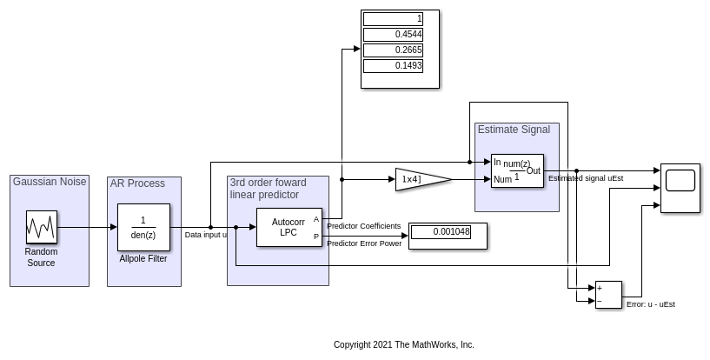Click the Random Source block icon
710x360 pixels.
(x=41, y=227)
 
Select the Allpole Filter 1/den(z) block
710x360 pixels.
(x=143, y=227)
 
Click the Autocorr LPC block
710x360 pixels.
(x=289, y=227)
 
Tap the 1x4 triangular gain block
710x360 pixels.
(x=420, y=179)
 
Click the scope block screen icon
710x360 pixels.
(x=680, y=181)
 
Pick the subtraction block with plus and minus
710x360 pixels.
(x=608, y=294)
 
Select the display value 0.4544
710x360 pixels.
(x=393, y=35)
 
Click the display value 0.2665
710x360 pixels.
(x=393, y=50)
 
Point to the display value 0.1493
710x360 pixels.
(x=393, y=66)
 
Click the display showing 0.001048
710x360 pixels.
(x=441, y=232)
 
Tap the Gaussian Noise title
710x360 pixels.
(x=50, y=182)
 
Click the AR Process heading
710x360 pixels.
(x=137, y=183)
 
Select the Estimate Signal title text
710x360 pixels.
(x=514, y=130)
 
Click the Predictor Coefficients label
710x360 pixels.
(x=363, y=226)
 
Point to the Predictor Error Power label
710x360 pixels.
(x=364, y=243)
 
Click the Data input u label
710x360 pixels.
(x=206, y=235)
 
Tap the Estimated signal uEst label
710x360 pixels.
(x=586, y=178)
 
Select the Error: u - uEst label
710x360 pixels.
(x=651, y=304)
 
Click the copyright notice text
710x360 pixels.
(x=404, y=345)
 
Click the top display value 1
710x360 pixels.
(x=393, y=19)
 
